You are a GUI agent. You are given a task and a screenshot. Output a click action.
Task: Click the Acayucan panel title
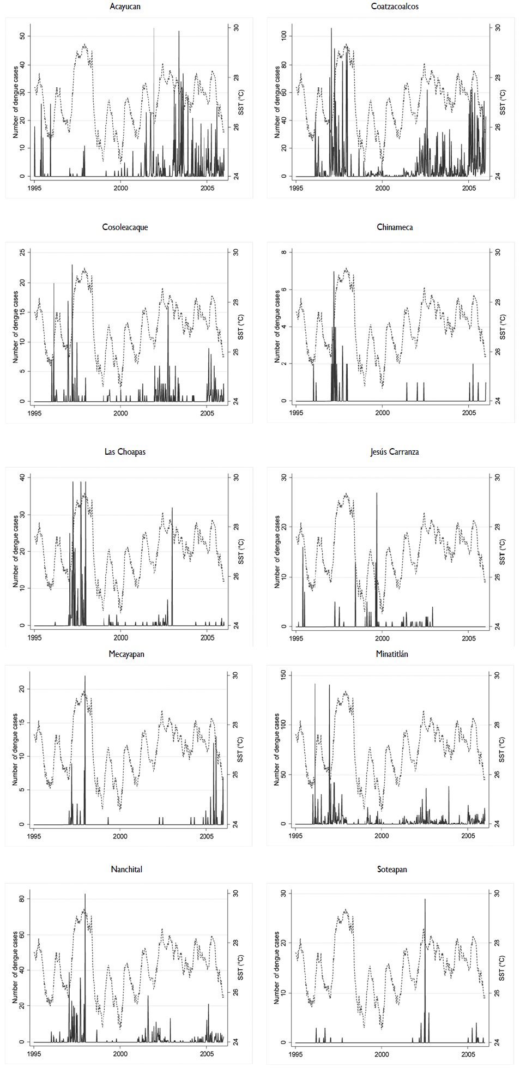pos(125,7)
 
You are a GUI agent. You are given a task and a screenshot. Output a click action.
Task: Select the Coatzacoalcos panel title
pos(395,7)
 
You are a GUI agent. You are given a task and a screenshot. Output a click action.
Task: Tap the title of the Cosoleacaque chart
pos(125,227)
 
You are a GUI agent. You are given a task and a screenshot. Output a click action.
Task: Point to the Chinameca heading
pos(395,227)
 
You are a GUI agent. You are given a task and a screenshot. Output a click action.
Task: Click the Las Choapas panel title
pos(125,452)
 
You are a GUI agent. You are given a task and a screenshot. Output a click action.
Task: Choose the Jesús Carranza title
pos(395,452)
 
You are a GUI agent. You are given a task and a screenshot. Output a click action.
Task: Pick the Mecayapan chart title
pos(126,654)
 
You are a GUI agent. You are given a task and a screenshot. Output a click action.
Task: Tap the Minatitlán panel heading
pos(392,654)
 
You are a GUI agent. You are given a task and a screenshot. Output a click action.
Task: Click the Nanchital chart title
pos(126,870)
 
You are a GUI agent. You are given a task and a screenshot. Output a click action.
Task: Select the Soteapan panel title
pos(392,870)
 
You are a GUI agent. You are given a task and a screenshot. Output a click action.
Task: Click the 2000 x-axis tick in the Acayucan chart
pos(121,188)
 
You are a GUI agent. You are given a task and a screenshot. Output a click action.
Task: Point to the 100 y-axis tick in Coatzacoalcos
pos(283,36)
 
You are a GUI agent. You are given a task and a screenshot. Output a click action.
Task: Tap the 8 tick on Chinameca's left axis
pos(283,252)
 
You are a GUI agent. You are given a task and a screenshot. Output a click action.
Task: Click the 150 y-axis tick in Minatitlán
pos(283,675)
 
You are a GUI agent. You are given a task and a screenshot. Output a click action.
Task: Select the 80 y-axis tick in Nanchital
pos(22,898)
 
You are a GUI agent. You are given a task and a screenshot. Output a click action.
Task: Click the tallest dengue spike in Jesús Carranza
pos(377,494)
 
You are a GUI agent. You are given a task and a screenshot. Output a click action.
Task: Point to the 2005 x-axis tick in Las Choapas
pos(207,638)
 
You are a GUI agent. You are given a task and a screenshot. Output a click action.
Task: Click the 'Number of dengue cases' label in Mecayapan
pos(15,750)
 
